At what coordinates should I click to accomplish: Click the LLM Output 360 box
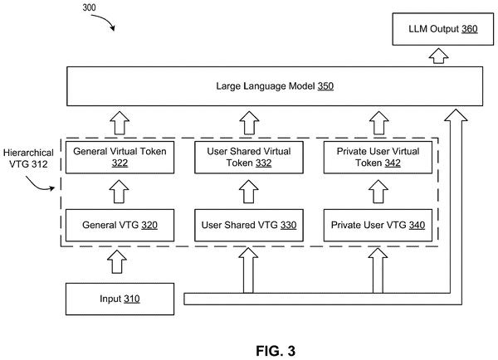click(442, 29)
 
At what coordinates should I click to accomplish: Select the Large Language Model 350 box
click(275, 86)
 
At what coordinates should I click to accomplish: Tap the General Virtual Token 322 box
click(120, 157)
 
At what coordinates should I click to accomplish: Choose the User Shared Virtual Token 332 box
click(249, 157)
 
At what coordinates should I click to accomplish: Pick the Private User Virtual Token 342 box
click(378, 157)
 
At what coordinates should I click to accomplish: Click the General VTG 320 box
click(120, 225)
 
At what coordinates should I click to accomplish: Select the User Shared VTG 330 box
click(249, 225)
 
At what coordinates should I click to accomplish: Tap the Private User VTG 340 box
click(378, 225)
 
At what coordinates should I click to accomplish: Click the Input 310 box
click(120, 299)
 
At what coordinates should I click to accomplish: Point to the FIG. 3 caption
click(276, 351)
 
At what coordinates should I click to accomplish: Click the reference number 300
click(89, 7)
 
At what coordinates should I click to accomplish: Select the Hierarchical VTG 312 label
click(28, 158)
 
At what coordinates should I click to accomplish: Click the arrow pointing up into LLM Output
click(438, 56)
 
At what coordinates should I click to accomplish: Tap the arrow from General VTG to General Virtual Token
click(119, 192)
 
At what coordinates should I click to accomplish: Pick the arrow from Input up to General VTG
click(117, 261)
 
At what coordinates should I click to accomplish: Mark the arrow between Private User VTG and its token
click(378, 192)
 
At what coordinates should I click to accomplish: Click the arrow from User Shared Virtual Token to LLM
click(249, 123)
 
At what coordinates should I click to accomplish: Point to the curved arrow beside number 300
click(103, 22)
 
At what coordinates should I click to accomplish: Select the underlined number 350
click(325, 86)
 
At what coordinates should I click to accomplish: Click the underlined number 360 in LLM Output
click(470, 29)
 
